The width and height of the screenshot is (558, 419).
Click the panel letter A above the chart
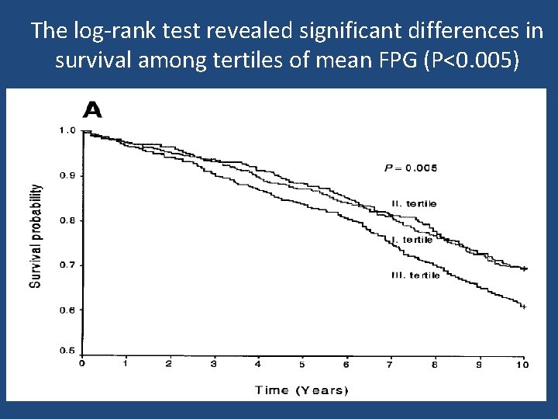pos(92,109)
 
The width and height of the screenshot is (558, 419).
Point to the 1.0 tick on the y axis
pos(67,130)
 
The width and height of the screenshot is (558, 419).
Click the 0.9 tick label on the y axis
pos(67,175)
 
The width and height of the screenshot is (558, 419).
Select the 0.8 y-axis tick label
pos(67,220)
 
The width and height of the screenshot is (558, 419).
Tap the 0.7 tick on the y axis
pos(67,265)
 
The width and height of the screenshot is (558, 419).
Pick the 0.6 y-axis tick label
pos(67,310)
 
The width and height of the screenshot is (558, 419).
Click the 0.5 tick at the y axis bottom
pos(67,351)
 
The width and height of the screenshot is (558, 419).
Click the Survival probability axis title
pos(36,236)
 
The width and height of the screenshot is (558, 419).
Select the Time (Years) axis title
pos(302,390)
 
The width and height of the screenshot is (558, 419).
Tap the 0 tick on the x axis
pos(82,363)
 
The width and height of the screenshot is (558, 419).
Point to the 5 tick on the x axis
pos(302,363)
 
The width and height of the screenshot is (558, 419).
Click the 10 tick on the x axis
pos(522,363)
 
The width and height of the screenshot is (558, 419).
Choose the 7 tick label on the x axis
pos(391,363)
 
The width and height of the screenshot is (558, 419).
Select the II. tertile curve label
pos(414,203)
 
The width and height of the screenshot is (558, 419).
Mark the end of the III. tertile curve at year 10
pos(524,306)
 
